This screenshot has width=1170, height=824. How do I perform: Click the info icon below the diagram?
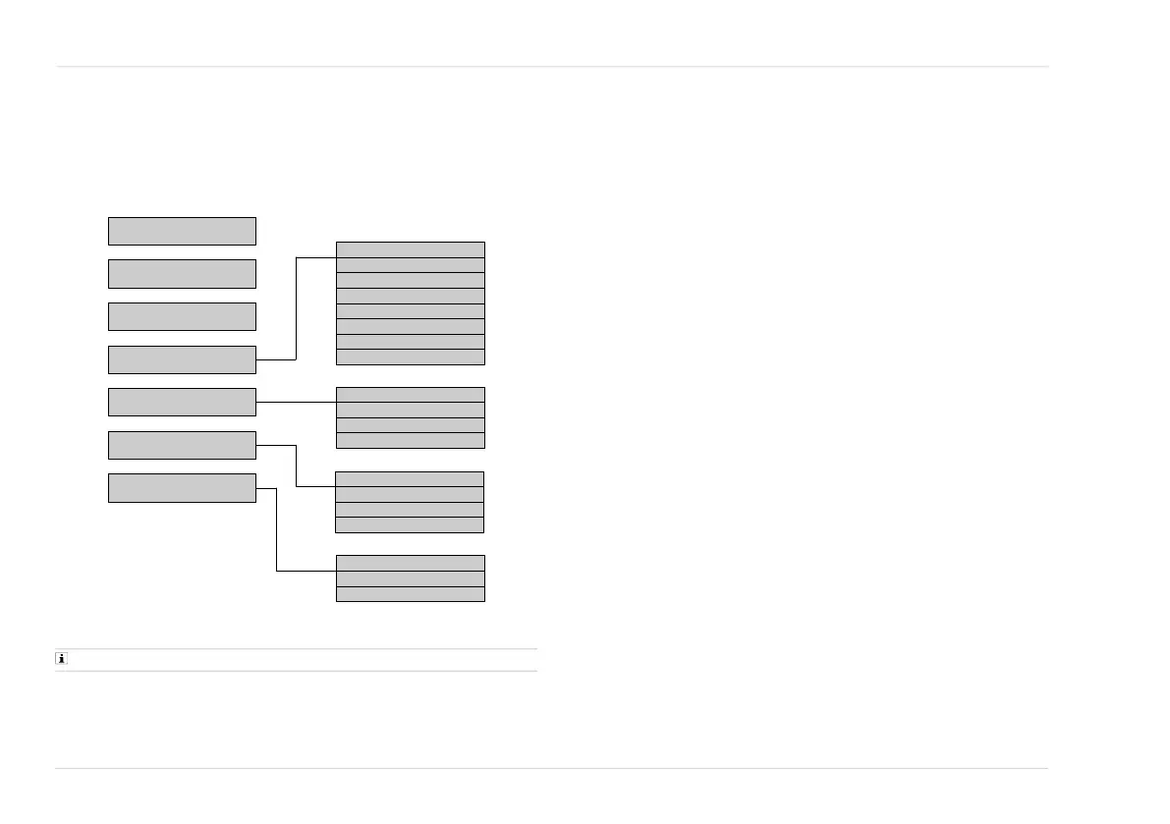pyautogui.click(x=61, y=660)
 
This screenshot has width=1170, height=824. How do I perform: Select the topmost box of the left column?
pyautogui.click(x=182, y=231)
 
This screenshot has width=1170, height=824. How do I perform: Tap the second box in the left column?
pyautogui.click(x=182, y=274)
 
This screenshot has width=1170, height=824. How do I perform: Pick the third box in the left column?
pyautogui.click(x=182, y=316)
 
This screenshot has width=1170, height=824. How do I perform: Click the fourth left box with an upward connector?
pyautogui.click(x=182, y=359)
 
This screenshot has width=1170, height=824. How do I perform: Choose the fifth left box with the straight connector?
pyautogui.click(x=182, y=402)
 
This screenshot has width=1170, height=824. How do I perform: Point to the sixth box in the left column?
pyautogui.click(x=182, y=445)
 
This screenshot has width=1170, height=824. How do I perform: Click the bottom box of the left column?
pyautogui.click(x=182, y=488)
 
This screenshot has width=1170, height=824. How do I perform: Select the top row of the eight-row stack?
pyautogui.click(x=410, y=249)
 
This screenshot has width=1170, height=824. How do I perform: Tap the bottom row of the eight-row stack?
pyautogui.click(x=410, y=357)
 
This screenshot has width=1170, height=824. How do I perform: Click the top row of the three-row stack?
pyautogui.click(x=410, y=563)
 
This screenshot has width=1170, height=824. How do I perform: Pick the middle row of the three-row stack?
pyautogui.click(x=410, y=578)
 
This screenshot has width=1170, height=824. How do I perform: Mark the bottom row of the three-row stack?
pyautogui.click(x=410, y=594)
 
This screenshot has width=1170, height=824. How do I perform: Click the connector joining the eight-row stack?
pyautogui.click(x=296, y=309)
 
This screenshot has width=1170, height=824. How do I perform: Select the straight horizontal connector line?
pyautogui.click(x=296, y=402)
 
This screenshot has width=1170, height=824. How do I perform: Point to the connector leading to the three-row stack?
pyautogui.click(x=276, y=530)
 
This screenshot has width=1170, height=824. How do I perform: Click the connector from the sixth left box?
pyautogui.click(x=296, y=467)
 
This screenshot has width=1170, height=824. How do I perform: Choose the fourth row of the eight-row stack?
pyautogui.click(x=410, y=296)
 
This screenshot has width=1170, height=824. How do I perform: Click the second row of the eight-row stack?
pyautogui.click(x=410, y=265)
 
